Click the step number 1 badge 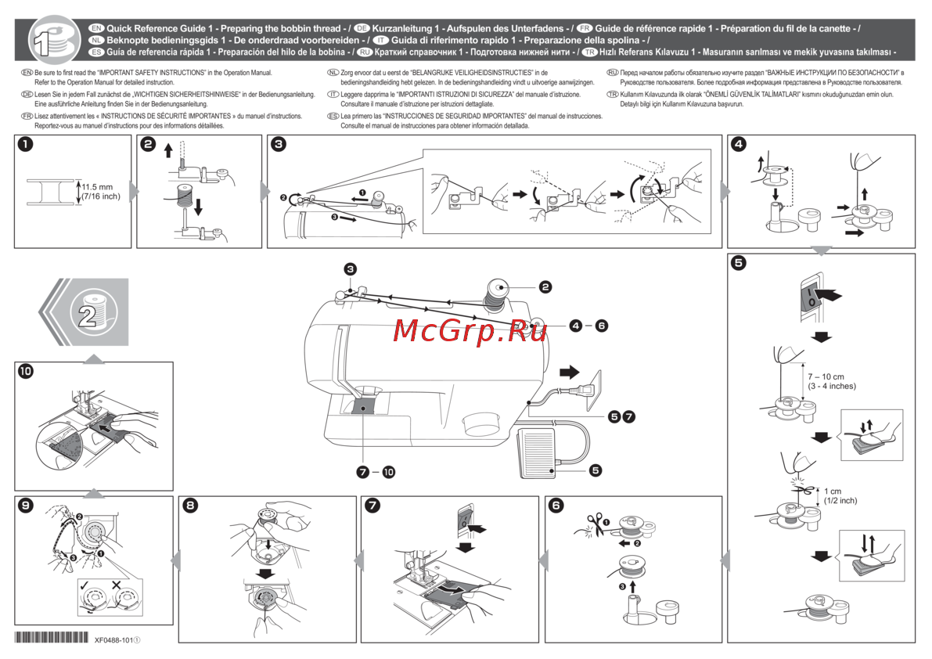point(26,144)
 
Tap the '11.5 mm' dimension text point(98,187)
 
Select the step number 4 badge point(739,144)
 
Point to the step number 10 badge point(26,372)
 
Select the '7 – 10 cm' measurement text point(831,376)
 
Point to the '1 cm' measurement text point(832,492)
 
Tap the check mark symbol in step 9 point(84,584)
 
